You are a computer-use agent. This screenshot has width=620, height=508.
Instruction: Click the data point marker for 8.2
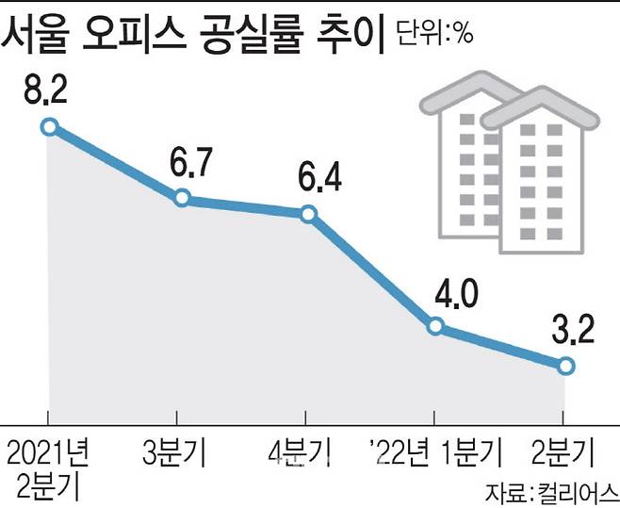(x=50, y=126)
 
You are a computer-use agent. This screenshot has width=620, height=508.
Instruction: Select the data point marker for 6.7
(x=183, y=198)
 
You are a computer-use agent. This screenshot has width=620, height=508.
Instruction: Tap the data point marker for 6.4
(x=308, y=214)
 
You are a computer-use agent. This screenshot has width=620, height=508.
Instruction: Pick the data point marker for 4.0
(x=435, y=326)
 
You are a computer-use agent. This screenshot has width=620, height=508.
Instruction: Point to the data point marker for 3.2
(x=564, y=366)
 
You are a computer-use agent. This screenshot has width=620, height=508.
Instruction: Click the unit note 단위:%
(x=434, y=34)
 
